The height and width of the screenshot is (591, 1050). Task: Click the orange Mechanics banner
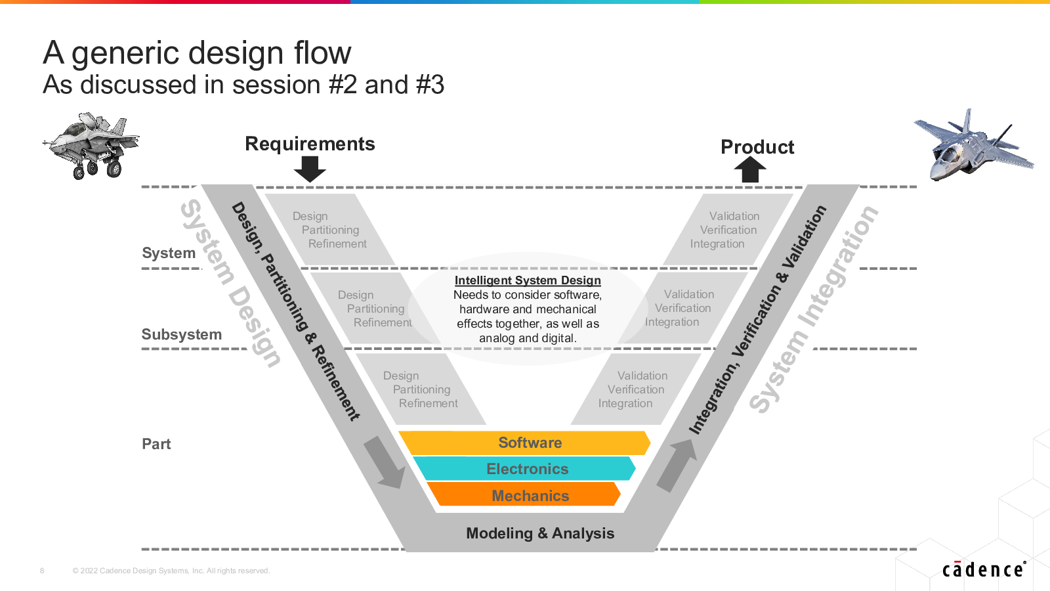pyautogui.click(x=524, y=494)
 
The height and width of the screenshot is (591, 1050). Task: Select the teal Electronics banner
pyautogui.click(x=524, y=469)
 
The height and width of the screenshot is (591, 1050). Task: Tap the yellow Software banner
pyautogui.click(x=524, y=443)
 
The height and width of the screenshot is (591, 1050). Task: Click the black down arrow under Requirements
pyautogui.click(x=310, y=169)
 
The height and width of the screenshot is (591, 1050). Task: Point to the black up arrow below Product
pyautogui.click(x=750, y=169)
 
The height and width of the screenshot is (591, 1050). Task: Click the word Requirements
pyautogui.click(x=310, y=144)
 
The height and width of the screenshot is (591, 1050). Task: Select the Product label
pyautogui.click(x=757, y=147)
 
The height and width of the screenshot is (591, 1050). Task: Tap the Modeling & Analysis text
pyautogui.click(x=540, y=533)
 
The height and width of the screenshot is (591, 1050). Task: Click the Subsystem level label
pyautogui.click(x=181, y=334)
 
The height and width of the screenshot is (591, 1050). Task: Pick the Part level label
pyautogui.click(x=156, y=444)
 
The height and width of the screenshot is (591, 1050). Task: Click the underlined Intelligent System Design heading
pyautogui.click(x=528, y=280)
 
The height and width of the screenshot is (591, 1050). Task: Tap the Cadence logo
pyautogui.click(x=984, y=569)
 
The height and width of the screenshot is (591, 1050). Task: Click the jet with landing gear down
pyautogui.click(x=91, y=145)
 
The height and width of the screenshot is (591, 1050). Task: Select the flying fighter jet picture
pyautogui.click(x=974, y=144)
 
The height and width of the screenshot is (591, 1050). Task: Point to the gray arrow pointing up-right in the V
pyautogui.click(x=677, y=466)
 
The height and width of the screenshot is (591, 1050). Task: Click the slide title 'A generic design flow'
pyautogui.click(x=197, y=53)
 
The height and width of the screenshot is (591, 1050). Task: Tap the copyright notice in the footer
pyautogui.click(x=171, y=571)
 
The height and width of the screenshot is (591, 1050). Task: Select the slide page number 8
pyautogui.click(x=42, y=571)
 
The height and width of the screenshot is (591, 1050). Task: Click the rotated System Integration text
pyautogui.click(x=814, y=309)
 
